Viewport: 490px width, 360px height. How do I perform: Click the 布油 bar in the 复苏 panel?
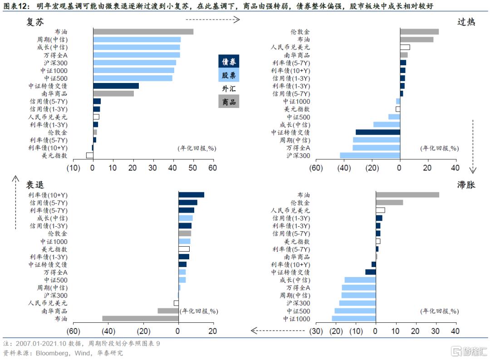[x=143, y=32]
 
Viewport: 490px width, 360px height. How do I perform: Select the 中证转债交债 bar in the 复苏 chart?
[x=116, y=86]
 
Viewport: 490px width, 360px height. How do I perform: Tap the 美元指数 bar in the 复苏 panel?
[x=89, y=156]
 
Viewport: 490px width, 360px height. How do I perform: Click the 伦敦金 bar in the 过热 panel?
[x=419, y=32]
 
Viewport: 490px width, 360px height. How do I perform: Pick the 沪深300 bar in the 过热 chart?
[x=370, y=156]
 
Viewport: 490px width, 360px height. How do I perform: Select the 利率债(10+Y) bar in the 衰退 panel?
[x=191, y=195]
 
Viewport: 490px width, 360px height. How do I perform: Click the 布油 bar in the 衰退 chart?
[x=140, y=319]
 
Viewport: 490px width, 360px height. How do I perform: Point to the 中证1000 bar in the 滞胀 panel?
[x=353, y=319]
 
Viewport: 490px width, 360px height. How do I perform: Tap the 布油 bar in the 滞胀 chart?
[x=407, y=195]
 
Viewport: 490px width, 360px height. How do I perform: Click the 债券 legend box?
[x=229, y=61]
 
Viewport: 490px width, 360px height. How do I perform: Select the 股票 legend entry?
[x=229, y=75]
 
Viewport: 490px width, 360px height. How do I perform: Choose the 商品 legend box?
[x=229, y=102]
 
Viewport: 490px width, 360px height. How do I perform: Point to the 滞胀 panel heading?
[x=466, y=185]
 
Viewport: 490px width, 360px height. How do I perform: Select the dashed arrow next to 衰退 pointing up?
[x=15, y=202]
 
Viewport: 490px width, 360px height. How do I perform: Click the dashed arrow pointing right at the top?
[x=212, y=19]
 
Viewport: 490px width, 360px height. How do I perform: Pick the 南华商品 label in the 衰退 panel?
[x=54, y=311]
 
